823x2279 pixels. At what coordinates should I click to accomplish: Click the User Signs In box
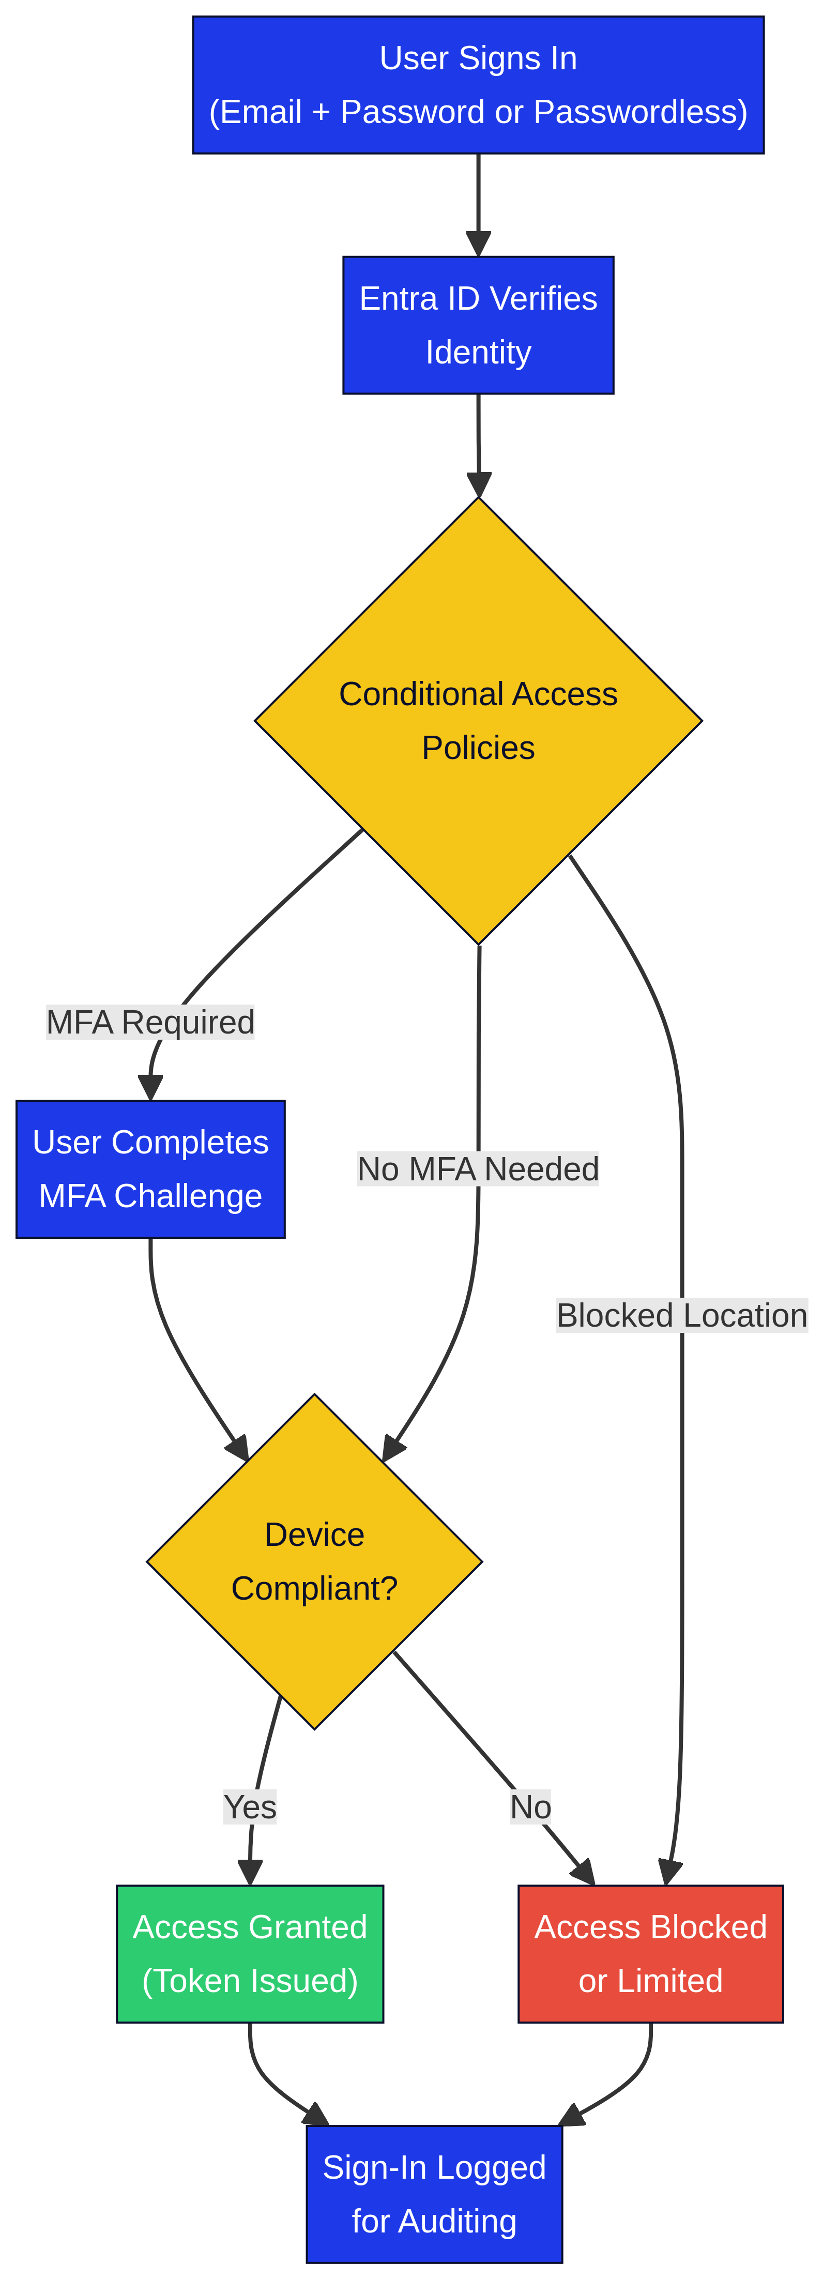click(x=478, y=84)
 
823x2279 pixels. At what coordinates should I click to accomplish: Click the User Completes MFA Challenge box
click(x=150, y=1168)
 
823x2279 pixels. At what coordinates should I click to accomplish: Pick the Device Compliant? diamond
click(x=314, y=1561)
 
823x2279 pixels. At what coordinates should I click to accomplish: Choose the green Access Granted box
click(x=250, y=1953)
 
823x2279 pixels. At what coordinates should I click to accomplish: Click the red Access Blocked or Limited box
click(x=650, y=1953)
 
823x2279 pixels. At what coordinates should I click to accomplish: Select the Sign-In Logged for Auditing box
click(x=434, y=2194)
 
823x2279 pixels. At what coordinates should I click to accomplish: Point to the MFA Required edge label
click(x=150, y=1022)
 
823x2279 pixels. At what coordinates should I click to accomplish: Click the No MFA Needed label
click(x=478, y=1168)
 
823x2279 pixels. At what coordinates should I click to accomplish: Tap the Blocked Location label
click(x=681, y=1316)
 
